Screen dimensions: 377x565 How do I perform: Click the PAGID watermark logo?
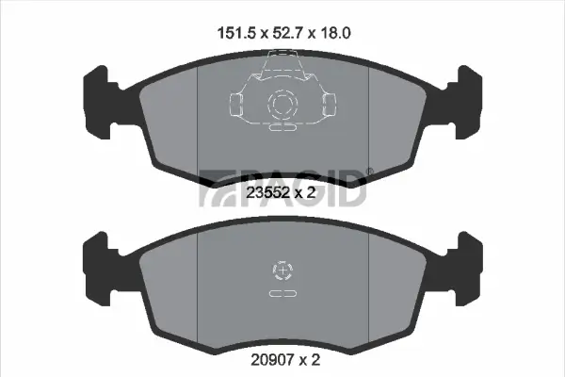(282, 186)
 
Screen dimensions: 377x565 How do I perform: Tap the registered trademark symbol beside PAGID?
(369, 172)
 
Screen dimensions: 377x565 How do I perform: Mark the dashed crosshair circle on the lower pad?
(282, 271)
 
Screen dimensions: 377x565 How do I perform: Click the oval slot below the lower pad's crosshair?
(282, 295)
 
